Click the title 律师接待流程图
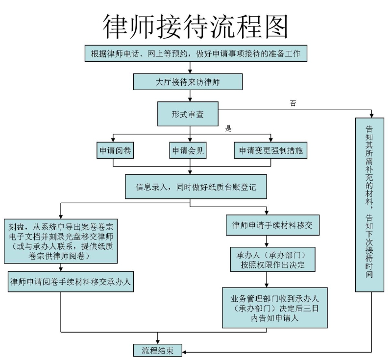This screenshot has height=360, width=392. tap(196, 27)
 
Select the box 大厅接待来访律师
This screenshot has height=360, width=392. tap(188, 82)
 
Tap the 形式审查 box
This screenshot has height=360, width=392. tap(188, 114)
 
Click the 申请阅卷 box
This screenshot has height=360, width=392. tap(115, 150)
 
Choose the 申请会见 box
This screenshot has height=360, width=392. tap(188, 150)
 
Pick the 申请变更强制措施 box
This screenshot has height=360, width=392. tap(270, 150)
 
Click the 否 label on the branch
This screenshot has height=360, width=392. tap(293, 103)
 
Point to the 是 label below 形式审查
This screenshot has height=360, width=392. tap(228, 129)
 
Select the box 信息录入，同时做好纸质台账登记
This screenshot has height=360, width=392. tap(196, 187)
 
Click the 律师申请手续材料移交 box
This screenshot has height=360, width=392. tap(272, 225)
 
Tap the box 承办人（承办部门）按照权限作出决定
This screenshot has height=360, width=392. tap(272, 259)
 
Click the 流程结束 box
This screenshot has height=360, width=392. tap(157, 350)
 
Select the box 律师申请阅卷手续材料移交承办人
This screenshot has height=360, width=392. tap(71, 282)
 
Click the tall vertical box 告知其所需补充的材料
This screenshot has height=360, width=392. tap(369, 205)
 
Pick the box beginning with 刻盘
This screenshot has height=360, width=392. tap(61, 241)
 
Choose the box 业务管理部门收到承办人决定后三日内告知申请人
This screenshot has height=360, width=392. tap(275, 308)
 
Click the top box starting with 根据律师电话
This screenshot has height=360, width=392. tap(196, 53)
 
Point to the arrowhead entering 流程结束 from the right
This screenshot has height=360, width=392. tap(184, 352)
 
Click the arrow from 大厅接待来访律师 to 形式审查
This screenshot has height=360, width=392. tap(190, 96)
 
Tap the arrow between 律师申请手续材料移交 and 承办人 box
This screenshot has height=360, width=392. tap(267, 241)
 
